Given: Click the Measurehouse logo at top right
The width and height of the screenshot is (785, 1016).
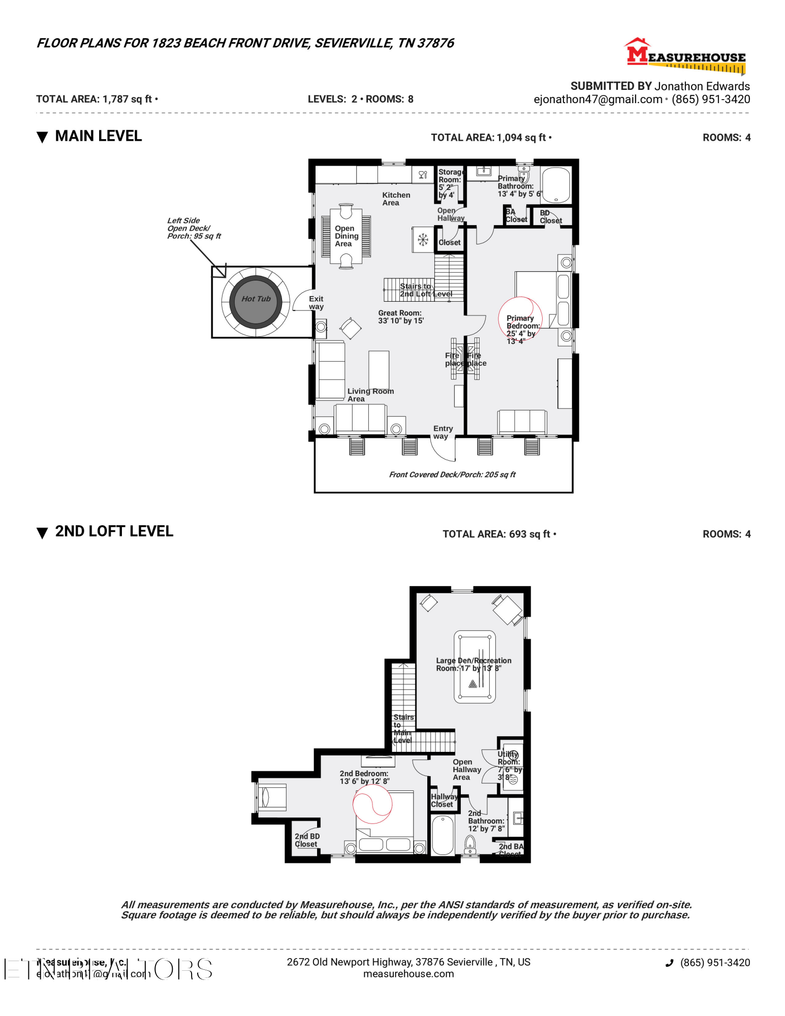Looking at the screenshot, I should pyautogui.click(x=686, y=56).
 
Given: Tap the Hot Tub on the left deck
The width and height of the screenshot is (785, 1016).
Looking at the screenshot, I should pyautogui.click(x=256, y=299).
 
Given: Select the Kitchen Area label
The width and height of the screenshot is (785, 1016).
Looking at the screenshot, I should pyautogui.click(x=396, y=199).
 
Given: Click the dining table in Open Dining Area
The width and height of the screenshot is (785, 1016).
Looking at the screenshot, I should pyautogui.click(x=347, y=236).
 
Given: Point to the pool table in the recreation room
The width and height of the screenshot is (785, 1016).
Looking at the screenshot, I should pyautogui.click(x=474, y=666).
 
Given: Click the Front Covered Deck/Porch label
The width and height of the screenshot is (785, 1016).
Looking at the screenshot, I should pyautogui.click(x=452, y=474).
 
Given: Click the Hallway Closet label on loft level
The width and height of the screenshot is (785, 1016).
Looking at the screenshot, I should pyautogui.click(x=443, y=800).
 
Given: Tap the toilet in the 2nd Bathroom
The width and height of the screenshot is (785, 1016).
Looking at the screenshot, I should pyautogui.click(x=470, y=845).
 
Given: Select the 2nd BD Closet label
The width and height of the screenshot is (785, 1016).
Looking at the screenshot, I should pyautogui.click(x=307, y=840).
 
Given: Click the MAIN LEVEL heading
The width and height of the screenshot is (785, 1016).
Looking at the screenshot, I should pyautogui.click(x=98, y=136).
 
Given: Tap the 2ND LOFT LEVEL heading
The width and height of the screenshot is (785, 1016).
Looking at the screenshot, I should pyautogui.click(x=114, y=531).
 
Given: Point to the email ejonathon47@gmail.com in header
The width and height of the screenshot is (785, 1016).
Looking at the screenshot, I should pyautogui.click(x=598, y=100).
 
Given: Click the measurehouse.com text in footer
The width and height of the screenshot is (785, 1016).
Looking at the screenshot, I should pyautogui.click(x=408, y=974).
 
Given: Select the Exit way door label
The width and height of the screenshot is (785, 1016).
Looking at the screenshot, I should pyautogui.click(x=316, y=303).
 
